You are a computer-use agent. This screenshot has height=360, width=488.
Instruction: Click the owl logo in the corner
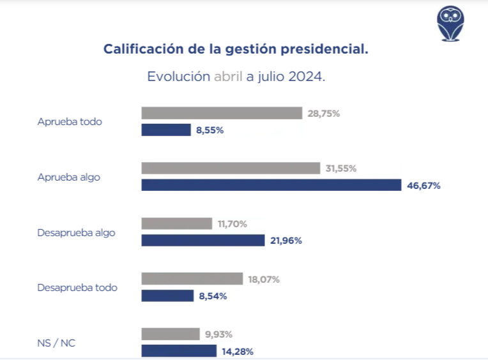(x=450, y=24)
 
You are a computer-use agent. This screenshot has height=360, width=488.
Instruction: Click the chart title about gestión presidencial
(x=236, y=49)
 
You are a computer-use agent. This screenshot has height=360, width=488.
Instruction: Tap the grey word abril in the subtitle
(x=228, y=77)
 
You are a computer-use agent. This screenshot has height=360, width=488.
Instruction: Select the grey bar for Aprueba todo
(x=221, y=113)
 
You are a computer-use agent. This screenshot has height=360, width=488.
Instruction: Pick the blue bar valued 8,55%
(x=166, y=130)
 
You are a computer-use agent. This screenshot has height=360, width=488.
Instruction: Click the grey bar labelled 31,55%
(x=230, y=169)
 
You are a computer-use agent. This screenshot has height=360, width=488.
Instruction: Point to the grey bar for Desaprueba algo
(x=176, y=223)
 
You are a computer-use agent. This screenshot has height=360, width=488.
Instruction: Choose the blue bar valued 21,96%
(x=202, y=241)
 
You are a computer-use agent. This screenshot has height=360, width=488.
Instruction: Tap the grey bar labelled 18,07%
(x=192, y=279)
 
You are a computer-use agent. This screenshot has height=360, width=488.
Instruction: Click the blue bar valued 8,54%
(x=167, y=296)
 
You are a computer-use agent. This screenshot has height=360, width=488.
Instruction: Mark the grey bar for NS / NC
(x=170, y=334)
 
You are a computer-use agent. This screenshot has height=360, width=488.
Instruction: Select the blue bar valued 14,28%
(x=179, y=351)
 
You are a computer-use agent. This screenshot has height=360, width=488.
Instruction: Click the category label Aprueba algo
(x=69, y=177)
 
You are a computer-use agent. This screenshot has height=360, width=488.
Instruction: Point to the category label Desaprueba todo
(x=77, y=287)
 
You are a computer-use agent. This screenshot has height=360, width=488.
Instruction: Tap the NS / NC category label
(x=57, y=343)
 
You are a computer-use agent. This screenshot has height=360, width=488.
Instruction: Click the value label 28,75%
(x=323, y=114)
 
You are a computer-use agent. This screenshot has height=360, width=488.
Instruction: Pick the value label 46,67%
(x=423, y=186)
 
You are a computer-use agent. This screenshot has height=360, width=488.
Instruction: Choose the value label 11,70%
(x=233, y=224)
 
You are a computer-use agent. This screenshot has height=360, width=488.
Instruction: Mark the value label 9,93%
(x=219, y=334)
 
